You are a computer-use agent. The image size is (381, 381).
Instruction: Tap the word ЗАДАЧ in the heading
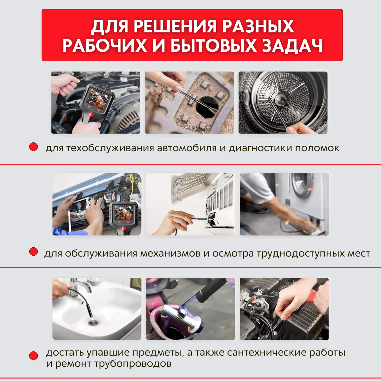pos(292,46)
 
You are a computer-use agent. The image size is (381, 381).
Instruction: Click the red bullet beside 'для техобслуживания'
pos(34,147)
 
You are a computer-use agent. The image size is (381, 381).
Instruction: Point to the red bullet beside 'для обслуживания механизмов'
pos(34,252)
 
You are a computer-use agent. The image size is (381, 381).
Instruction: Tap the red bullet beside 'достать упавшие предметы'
pos(34,356)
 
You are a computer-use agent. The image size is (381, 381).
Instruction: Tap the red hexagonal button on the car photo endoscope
pos(91,115)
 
